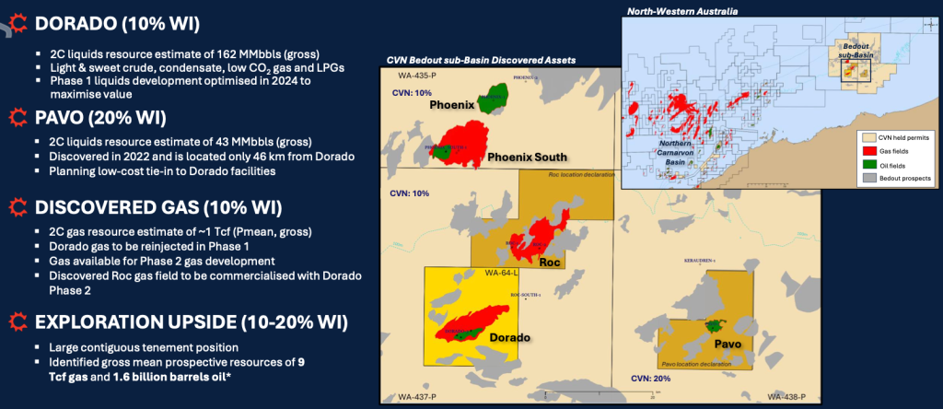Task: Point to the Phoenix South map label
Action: click(x=526, y=158)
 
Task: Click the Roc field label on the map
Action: click(x=550, y=261)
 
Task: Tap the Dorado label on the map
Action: click(x=506, y=337)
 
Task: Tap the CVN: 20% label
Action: click(x=647, y=378)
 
